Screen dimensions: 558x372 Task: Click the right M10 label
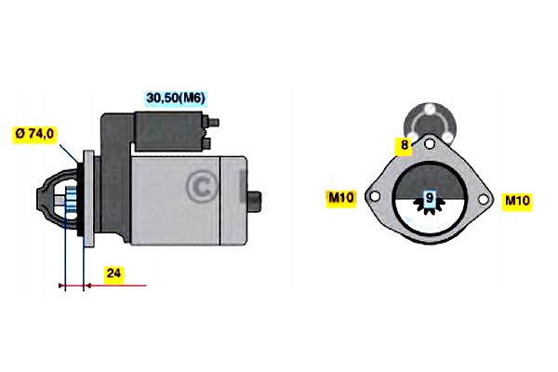[516, 200]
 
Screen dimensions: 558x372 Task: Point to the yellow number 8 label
[405, 145]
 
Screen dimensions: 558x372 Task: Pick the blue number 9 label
[429, 198]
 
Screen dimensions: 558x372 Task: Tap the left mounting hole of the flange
[374, 198]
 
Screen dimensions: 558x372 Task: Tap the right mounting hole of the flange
[485, 198]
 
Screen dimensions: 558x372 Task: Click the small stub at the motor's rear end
[256, 197]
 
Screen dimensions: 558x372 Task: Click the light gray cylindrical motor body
[186, 200]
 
